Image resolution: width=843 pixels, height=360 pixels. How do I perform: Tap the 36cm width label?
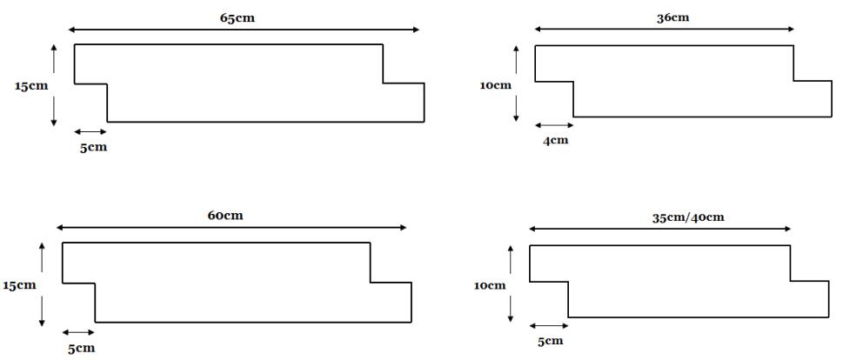click(x=672, y=17)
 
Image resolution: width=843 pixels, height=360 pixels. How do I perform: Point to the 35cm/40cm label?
click(x=687, y=217)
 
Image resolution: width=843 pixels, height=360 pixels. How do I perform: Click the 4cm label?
click(x=555, y=141)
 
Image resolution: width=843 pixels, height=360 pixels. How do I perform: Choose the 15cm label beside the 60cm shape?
click(x=19, y=285)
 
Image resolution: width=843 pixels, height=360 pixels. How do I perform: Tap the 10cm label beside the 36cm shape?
click(x=496, y=85)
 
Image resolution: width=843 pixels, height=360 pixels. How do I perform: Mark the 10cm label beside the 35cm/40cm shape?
click(x=491, y=285)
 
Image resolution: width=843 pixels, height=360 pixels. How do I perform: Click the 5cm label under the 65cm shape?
click(x=93, y=147)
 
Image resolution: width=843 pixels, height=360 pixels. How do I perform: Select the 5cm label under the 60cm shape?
click(x=81, y=348)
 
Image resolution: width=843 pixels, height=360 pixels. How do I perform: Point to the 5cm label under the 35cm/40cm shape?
click(x=549, y=341)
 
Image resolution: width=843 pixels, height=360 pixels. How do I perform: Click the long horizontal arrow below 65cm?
click(x=244, y=30)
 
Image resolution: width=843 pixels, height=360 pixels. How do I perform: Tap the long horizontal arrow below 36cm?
click(x=665, y=30)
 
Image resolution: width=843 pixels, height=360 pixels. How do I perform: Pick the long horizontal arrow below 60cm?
click(x=231, y=228)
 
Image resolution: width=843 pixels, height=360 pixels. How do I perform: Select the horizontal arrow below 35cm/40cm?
click(x=660, y=230)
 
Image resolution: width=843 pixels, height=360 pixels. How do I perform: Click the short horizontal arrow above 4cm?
click(x=553, y=125)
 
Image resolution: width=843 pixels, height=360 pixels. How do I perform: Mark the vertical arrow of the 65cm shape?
click(x=54, y=84)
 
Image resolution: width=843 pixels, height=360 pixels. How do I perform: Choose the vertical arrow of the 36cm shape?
click(x=517, y=83)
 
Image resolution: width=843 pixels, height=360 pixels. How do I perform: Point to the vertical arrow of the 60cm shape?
click(x=42, y=284)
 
